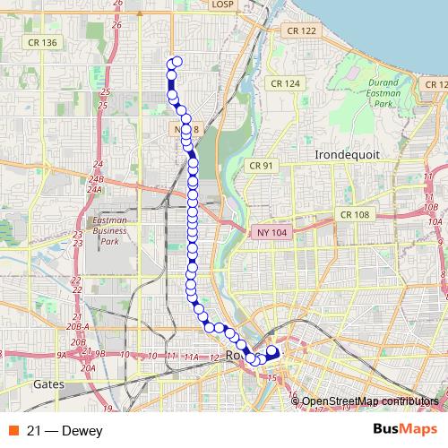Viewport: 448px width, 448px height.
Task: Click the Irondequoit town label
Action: (x=347, y=154)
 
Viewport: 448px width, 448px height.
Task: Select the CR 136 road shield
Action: (x=42, y=42)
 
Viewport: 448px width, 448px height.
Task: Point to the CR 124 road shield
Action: (x=286, y=83)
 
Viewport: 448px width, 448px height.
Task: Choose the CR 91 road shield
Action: (x=262, y=166)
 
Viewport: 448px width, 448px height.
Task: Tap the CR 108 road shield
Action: (x=355, y=215)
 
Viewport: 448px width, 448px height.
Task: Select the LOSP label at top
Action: (x=220, y=4)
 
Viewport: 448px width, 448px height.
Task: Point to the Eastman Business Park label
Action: (x=109, y=230)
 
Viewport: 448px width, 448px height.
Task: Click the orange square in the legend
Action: (x=12, y=430)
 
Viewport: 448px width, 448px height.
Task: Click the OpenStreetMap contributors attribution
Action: (x=370, y=401)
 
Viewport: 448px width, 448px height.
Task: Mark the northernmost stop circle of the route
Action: (x=177, y=62)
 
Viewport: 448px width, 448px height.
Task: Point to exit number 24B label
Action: (x=96, y=180)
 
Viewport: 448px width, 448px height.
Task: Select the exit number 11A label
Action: (x=190, y=358)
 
